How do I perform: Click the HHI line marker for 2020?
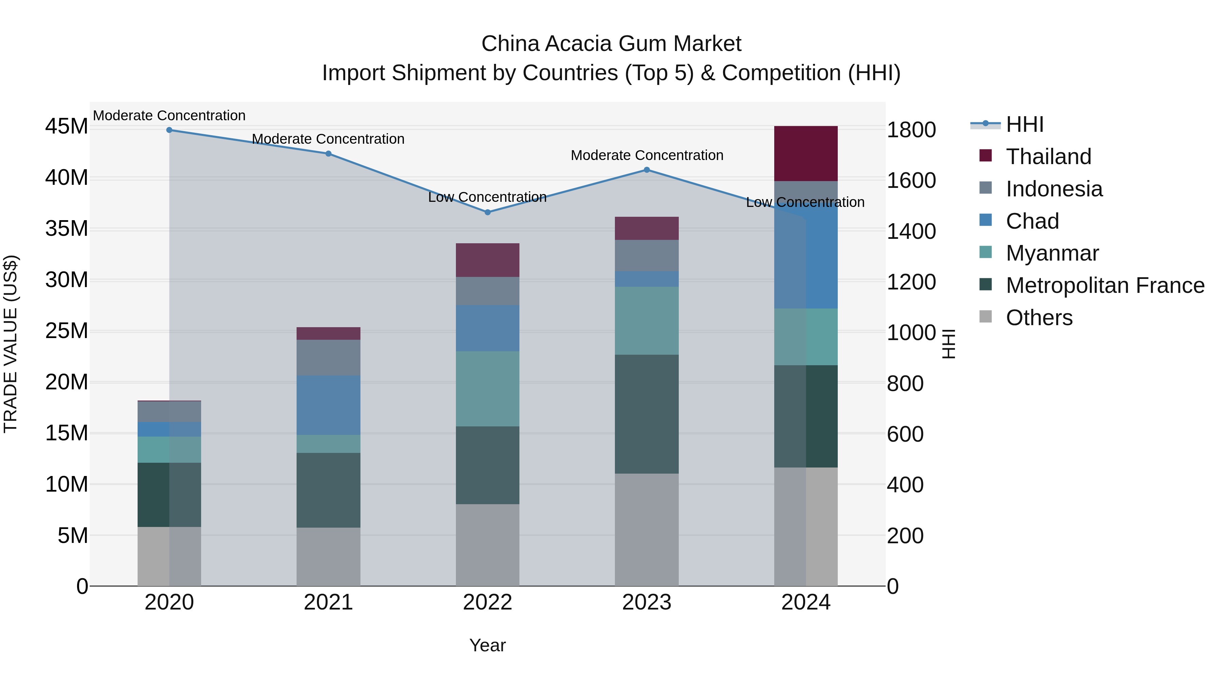tap(169, 130)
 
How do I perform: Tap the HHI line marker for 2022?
tap(488, 212)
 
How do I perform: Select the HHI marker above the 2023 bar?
tap(646, 170)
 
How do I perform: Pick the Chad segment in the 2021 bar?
tap(328, 405)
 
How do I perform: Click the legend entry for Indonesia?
tap(1053, 189)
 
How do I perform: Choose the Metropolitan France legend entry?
tap(1105, 285)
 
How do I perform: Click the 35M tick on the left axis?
tap(67, 229)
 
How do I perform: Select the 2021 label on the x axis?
tap(328, 602)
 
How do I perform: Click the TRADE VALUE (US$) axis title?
tap(11, 344)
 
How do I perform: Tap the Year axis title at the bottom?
tap(488, 645)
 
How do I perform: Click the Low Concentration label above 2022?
tap(487, 197)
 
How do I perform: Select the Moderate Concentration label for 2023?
tap(646, 155)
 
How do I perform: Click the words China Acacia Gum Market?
tap(611, 44)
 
